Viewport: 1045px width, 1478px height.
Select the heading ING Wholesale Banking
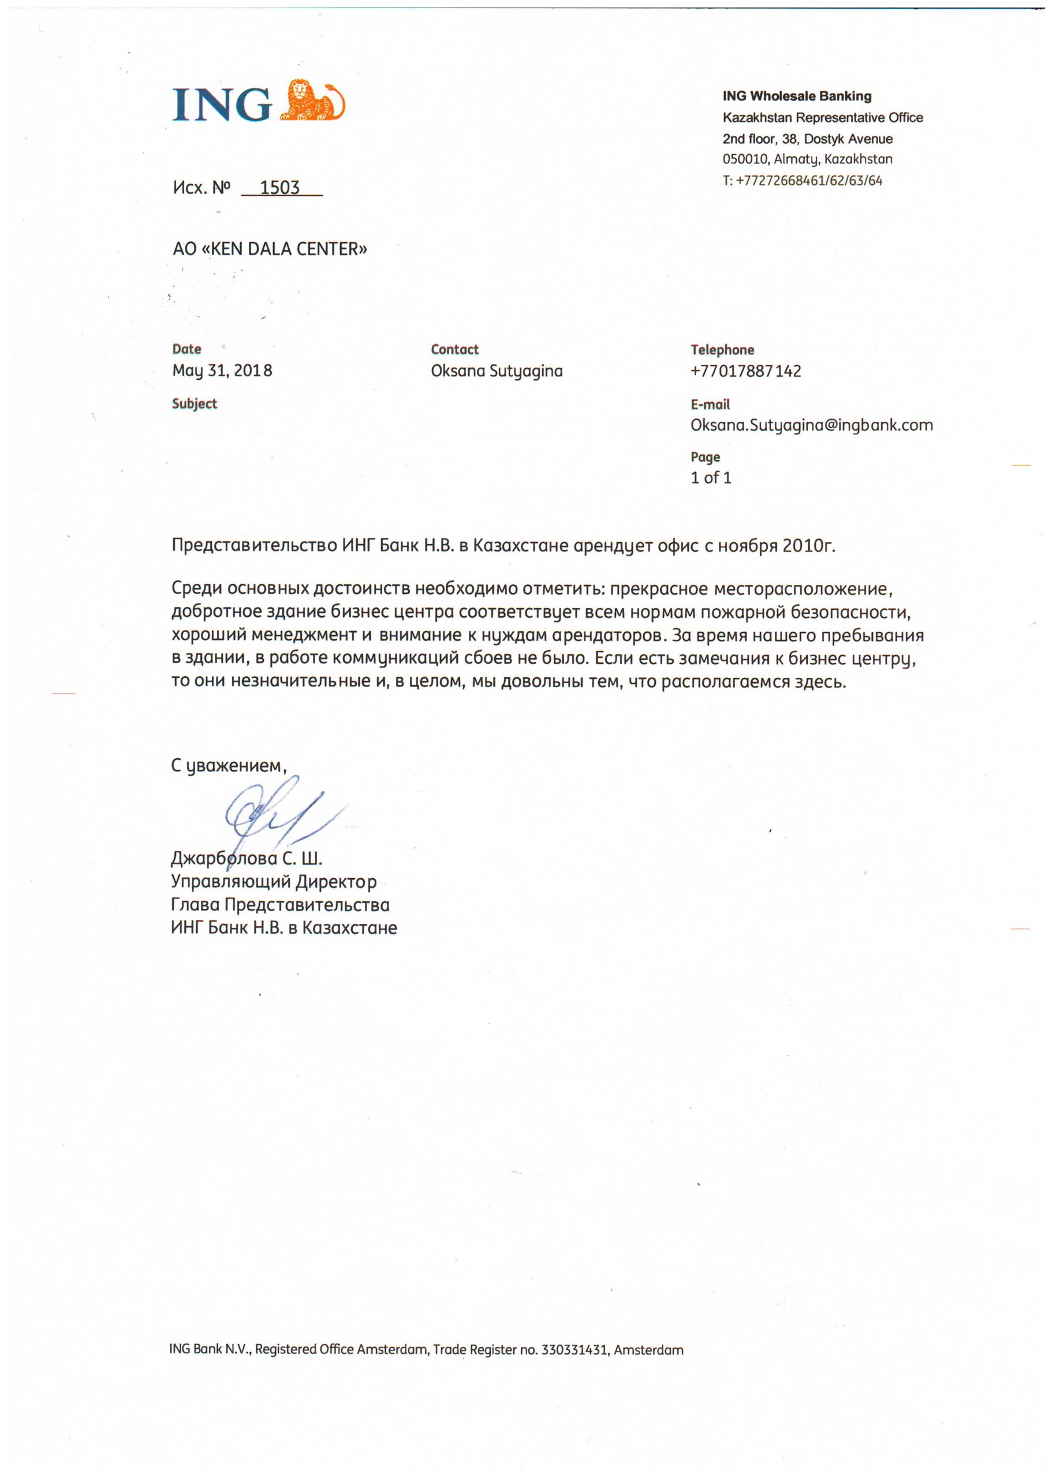(797, 96)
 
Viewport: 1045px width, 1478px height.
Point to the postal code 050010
(745, 159)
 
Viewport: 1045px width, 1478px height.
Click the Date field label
(186, 349)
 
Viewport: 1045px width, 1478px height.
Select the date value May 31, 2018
(222, 371)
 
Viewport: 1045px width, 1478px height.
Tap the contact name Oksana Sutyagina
(497, 371)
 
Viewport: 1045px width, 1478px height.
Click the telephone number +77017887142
(745, 371)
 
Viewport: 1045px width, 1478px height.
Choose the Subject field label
(195, 404)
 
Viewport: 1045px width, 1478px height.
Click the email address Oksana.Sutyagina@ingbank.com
(811, 426)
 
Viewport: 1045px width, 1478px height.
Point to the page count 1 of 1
(711, 477)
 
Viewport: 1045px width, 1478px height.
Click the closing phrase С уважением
(228, 766)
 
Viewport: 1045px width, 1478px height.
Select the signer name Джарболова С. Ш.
(247, 859)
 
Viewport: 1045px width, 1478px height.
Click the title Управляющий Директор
(274, 882)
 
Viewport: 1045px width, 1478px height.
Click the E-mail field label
(710, 405)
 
